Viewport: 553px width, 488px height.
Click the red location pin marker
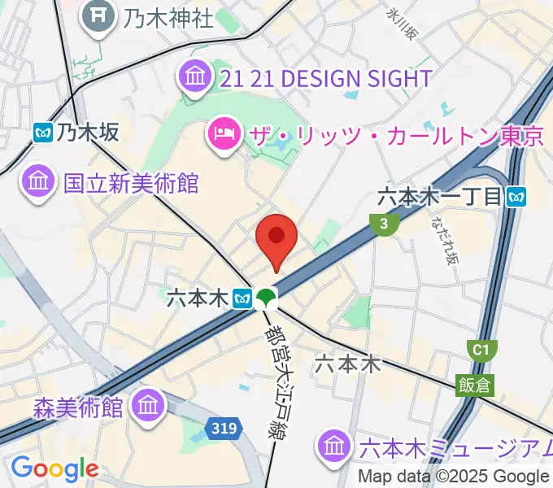click(x=276, y=237)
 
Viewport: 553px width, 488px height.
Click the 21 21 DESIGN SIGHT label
click(x=326, y=78)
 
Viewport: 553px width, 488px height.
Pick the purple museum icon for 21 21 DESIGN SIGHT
click(x=195, y=78)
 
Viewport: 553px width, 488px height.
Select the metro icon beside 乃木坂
click(x=44, y=132)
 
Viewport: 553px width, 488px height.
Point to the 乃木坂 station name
click(x=89, y=132)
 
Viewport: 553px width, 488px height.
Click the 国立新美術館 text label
click(x=131, y=182)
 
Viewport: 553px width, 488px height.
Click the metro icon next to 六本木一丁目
click(x=516, y=196)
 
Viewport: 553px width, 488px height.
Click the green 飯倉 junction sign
click(x=475, y=384)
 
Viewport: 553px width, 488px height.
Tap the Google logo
click(x=54, y=469)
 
